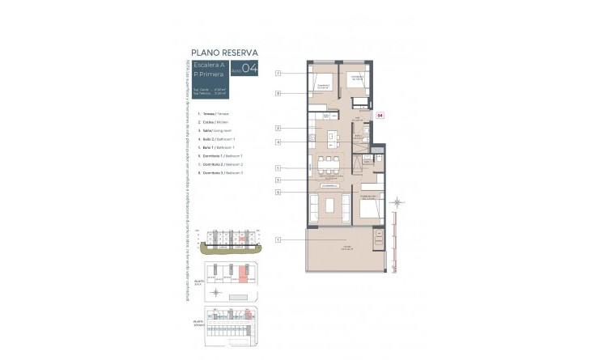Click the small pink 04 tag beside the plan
[x=380, y=116]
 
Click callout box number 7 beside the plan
[x=278, y=74]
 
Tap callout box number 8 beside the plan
[x=278, y=94]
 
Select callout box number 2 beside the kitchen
[x=278, y=129]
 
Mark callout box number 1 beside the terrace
[x=278, y=239]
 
